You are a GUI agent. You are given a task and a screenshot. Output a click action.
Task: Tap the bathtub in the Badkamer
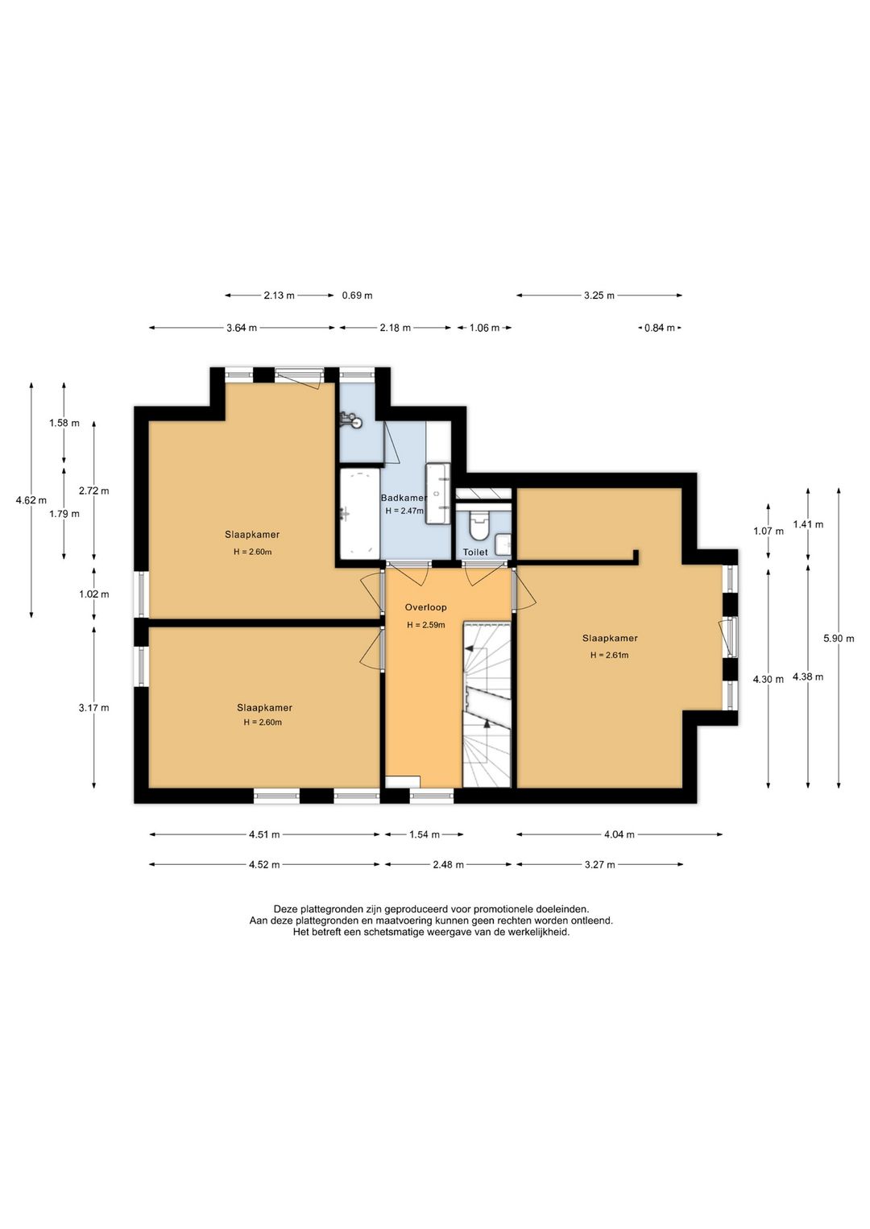point(360,513)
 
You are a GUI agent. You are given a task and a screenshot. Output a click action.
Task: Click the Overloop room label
point(425,607)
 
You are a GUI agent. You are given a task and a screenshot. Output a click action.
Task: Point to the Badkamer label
point(404,498)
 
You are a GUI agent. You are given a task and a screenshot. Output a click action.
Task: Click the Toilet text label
point(474,552)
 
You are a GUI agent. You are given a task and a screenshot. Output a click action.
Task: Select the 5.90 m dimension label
point(839,638)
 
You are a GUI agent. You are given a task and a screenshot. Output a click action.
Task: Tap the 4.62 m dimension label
point(31,500)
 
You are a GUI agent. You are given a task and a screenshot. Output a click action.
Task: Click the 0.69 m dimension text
point(358,296)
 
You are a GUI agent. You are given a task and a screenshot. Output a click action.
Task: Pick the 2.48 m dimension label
point(449,865)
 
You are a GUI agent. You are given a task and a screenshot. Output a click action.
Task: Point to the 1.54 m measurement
point(425,834)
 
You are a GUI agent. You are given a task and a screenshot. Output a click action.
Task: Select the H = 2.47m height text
point(404,511)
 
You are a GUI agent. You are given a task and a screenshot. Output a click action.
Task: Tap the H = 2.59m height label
point(425,625)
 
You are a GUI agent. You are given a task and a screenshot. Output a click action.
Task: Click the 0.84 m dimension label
point(659,328)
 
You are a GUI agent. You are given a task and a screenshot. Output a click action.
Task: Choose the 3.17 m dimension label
point(94,708)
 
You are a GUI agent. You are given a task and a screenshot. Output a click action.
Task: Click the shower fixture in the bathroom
point(351,420)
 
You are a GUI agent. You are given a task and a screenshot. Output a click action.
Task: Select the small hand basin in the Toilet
point(503,544)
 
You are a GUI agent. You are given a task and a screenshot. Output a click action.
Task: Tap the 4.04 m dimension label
point(619,834)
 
